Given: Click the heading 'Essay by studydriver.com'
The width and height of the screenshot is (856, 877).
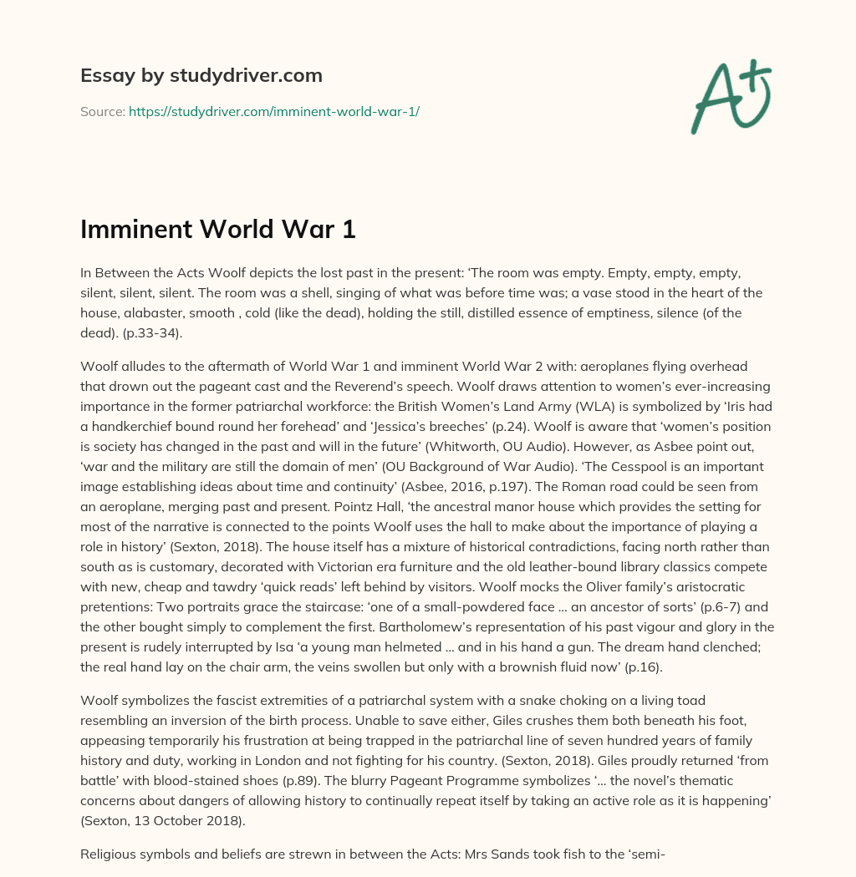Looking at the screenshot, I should (201, 75).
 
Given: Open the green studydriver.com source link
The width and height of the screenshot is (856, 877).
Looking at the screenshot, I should (273, 111).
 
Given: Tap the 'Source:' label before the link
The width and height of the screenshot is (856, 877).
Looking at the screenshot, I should (102, 111).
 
